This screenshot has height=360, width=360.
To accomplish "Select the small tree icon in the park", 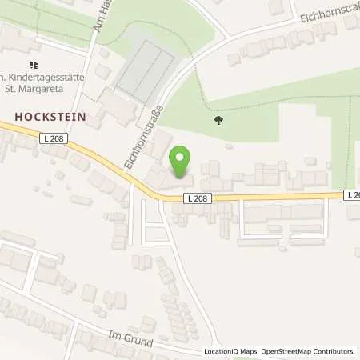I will pos(219,121).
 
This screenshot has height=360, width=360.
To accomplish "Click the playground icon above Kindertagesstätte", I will pos(34,65).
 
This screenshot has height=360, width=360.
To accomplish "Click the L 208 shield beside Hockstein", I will pos(53,139).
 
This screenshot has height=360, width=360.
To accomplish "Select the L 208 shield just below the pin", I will pos(198,198).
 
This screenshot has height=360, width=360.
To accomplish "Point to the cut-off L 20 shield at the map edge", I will pos(353,194).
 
